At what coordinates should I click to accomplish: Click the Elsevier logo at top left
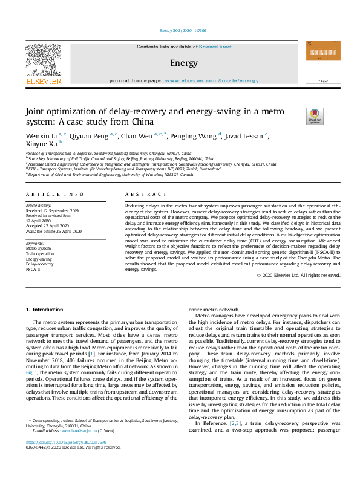tap(43, 63)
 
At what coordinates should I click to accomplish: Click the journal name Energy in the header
tap(180, 63)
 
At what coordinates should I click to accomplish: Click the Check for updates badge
tap(298, 115)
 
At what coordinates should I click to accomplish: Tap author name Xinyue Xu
tap(41, 144)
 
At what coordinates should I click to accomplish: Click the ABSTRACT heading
tap(145, 195)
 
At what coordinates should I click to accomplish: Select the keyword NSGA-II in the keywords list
tap(33, 270)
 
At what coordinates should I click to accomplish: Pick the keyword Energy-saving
tap(39, 259)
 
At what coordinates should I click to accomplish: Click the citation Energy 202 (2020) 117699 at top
tap(180, 30)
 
